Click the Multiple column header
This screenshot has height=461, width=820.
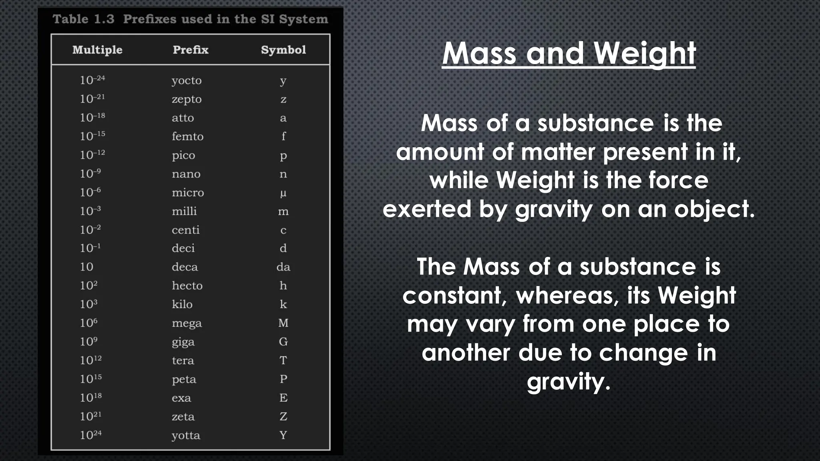pos(97,50)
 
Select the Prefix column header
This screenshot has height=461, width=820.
pos(191,50)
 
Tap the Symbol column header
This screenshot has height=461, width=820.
pos(283,50)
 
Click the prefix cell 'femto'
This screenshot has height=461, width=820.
pos(187,136)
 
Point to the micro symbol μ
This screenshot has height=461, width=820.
pos(283,193)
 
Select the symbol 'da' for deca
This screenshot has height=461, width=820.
pos(283,267)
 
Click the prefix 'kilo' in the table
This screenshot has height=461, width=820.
pos(182,304)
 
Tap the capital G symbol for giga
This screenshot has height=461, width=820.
pos(283,342)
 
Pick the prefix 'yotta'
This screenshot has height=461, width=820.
pos(186,435)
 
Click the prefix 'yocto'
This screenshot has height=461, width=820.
pos(187,81)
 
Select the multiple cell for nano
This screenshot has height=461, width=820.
pos(90,174)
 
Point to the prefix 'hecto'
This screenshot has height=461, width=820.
pos(187,286)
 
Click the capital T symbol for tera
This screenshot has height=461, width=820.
pos(283,361)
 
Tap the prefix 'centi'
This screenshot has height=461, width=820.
pos(185,230)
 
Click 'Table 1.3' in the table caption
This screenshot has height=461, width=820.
pos(83,19)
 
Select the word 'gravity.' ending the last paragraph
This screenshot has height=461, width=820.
pos(569,381)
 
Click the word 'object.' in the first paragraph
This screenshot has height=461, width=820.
pos(714,209)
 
